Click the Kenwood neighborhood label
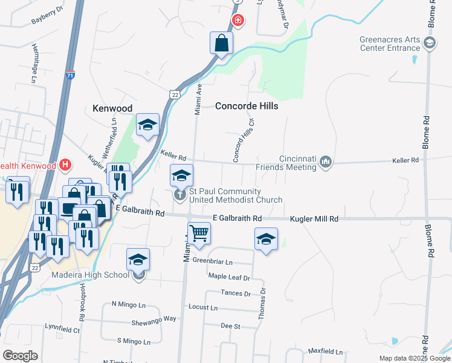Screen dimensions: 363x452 pyautogui.click(x=112, y=108)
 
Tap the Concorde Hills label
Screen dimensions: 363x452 pyautogui.click(x=247, y=106)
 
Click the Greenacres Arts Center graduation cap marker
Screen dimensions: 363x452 pyautogui.click(x=429, y=42)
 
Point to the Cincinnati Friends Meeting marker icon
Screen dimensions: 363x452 pyautogui.click(x=326, y=161)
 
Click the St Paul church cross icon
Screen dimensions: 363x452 pyautogui.click(x=179, y=195)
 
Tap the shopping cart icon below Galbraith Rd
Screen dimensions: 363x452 pyautogui.click(x=199, y=233)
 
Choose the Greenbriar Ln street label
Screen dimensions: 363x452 pyautogui.click(x=212, y=261)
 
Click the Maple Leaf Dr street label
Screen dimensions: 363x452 pyautogui.click(x=229, y=277)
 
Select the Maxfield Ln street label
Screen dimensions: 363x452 pyautogui.click(x=325, y=351)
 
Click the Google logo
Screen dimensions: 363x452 pyautogui.click(x=20, y=355)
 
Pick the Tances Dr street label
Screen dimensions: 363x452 pyautogui.click(x=237, y=293)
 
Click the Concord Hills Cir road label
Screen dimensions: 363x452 pyautogui.click(x=244, y=139)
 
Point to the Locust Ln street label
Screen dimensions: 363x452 pyautogui.click(x=203, y=307)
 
